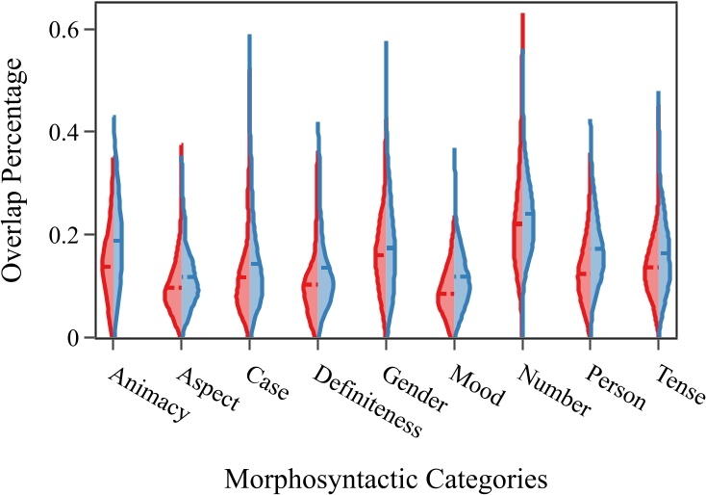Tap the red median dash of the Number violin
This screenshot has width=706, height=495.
click(517, 223)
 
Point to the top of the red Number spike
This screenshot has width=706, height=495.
click(521, 14)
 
